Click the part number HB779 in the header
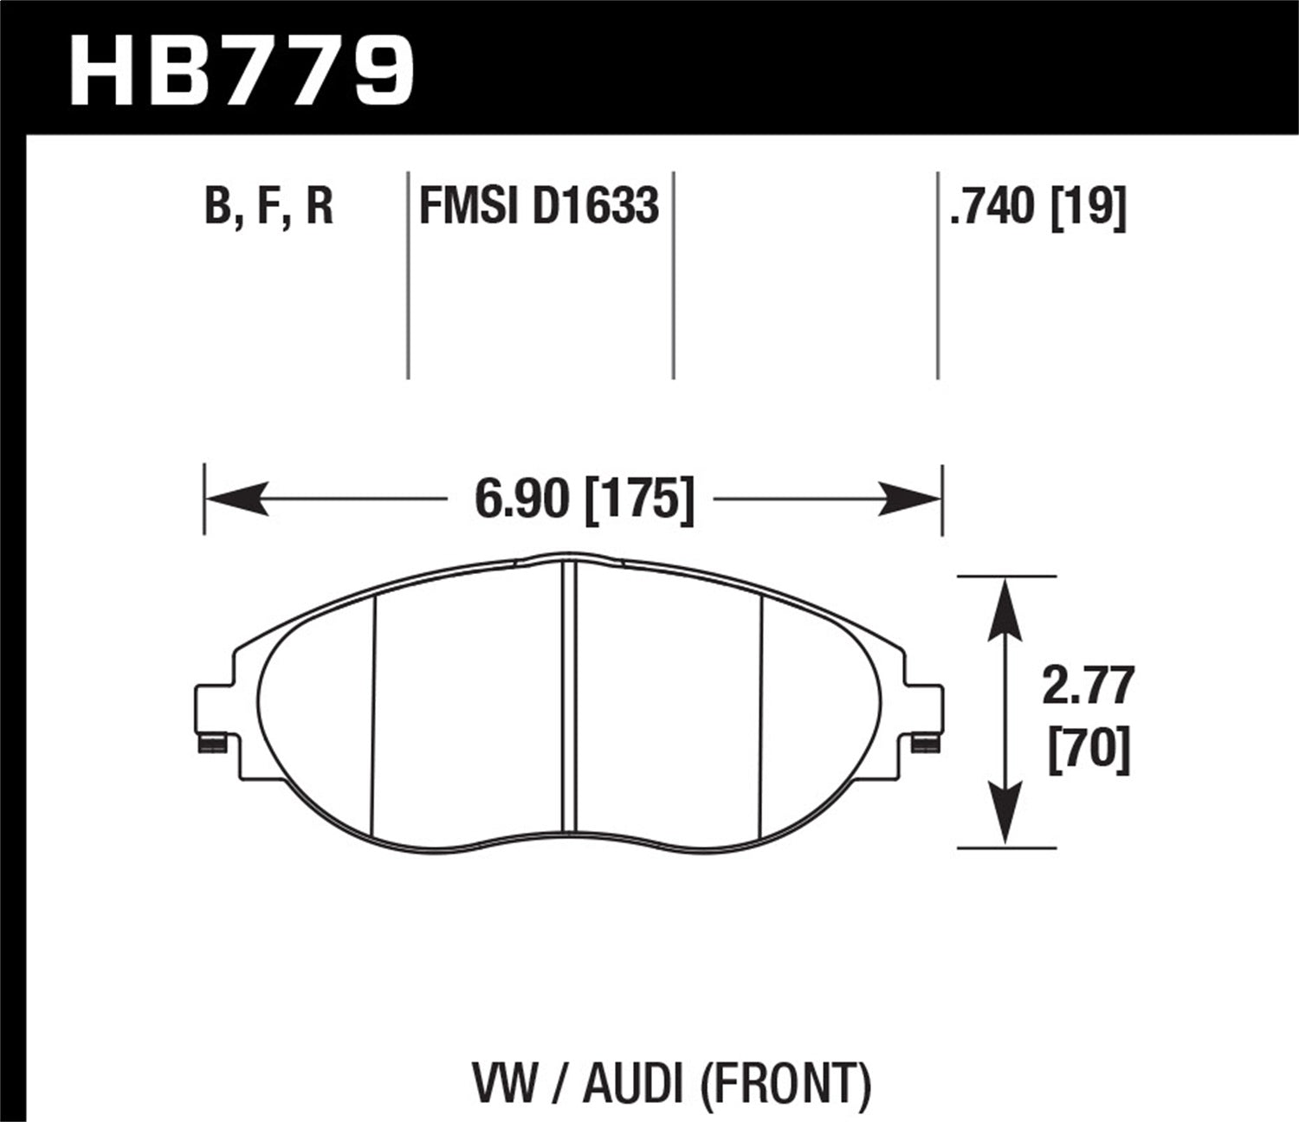pos(242,69)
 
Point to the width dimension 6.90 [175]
pos(585,500)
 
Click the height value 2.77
pos(1088,688)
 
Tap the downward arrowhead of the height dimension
pos(1004,814)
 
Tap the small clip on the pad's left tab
pos(212,743)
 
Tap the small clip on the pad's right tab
pos(927,743)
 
